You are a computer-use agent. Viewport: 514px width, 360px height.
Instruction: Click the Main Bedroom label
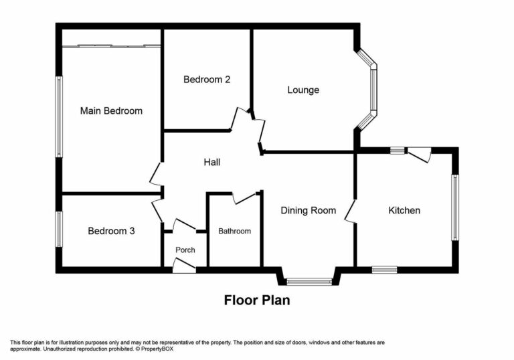[x=111, y=110]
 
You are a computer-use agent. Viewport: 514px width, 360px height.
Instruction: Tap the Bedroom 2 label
[x=207, y=79]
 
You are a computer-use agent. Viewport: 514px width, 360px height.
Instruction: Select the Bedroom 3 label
[x=111, y=231]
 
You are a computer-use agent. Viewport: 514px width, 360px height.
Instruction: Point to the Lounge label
[x=303, y=90]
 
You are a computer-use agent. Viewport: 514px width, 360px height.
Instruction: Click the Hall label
[x=212, y=162]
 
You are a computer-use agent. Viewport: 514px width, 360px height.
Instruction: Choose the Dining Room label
[x=308, y=210]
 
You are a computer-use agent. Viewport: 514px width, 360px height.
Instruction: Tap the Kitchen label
[x=404, y=210]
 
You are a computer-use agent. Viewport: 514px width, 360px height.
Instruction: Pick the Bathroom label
[x=235, y=231]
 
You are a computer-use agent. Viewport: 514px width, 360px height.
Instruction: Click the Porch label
[x=185, y=250]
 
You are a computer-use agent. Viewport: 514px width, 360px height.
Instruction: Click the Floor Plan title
[x=256, y=300]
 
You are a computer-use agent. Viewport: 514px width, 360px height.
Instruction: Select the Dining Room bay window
[x=309, y=282]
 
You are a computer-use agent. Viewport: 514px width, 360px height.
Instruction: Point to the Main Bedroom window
[x=59, y=117]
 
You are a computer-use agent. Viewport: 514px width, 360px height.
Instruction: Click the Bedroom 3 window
[x=59, y=229]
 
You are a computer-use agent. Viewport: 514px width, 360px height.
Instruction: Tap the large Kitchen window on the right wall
[x=455, y=207]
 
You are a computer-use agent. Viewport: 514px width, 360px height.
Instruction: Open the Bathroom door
[x=245, y=197]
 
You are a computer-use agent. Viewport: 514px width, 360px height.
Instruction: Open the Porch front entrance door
[x=184, y=267]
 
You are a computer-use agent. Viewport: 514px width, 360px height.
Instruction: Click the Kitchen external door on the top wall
[x=420, y=155]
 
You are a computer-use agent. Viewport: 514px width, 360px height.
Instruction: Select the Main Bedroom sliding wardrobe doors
[x=112, y=46]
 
